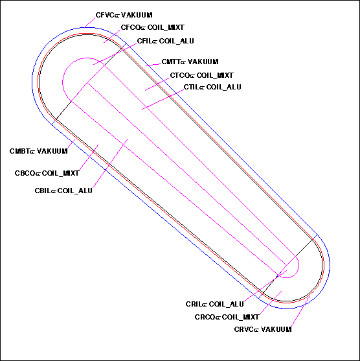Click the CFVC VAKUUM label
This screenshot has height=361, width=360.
point(124,15)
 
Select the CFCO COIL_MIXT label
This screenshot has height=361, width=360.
point(153,27)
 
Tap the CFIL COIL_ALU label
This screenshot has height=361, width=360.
point(165,41)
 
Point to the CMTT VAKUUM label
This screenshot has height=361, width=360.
point(190,62)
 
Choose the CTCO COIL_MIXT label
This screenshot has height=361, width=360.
point(202,75)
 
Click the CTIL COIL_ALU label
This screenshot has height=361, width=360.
point(212,87)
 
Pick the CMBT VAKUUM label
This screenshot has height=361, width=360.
point(39,151)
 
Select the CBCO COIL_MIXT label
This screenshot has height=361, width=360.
point(47,173)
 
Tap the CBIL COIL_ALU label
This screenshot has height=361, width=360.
point(63,191)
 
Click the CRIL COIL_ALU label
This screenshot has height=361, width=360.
point(214,304)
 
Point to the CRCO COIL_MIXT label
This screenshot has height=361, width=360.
point(227,317)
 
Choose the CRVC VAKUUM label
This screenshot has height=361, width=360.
point(263,329)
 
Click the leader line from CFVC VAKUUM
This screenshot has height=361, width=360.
point(90,23)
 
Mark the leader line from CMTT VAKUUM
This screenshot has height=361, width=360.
point(153,64)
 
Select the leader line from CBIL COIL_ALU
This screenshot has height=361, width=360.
point(110,163)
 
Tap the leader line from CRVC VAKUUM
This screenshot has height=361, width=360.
point(300,311)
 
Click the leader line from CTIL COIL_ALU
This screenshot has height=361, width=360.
point(163,99)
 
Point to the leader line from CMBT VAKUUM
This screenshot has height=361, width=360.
point(71,144)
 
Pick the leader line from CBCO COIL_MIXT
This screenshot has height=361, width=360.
point(89,157)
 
